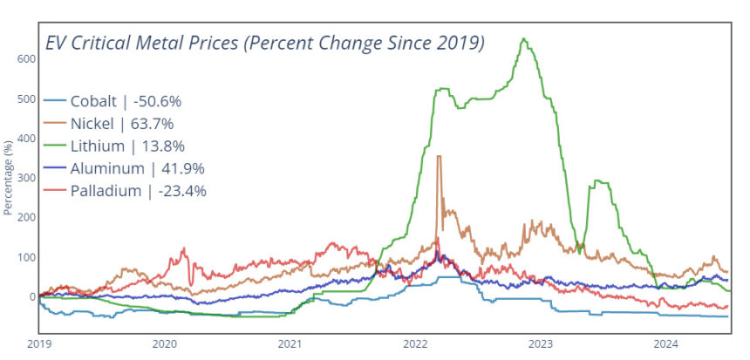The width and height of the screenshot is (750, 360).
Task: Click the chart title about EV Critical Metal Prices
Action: pyautogui.click(x=264, y=43)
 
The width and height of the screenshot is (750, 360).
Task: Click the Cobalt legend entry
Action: pyautogui.click(x=122, y=100)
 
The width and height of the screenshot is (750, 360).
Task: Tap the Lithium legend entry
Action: pyautogui.click(x=122, y=146)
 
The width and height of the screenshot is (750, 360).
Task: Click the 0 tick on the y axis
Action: pyautogui.click(x=31, y=297)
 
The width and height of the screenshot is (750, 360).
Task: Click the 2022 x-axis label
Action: pyautogui.click(x=416, y=343)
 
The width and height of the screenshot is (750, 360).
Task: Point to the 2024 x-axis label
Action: pyautogui.click(x=667, y=343)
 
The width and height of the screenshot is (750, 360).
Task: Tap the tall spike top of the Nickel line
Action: pyautogui.click(x=439, y=156)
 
